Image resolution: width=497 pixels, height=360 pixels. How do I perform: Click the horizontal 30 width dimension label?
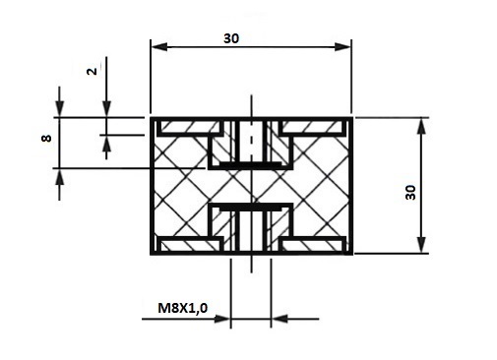point(231,38)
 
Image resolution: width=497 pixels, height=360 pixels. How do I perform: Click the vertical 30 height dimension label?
point(410,193)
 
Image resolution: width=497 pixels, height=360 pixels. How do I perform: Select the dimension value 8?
point(46,139)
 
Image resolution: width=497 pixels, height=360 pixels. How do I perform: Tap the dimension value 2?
point(93,71)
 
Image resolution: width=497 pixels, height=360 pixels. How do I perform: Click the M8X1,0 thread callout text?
point(183,308)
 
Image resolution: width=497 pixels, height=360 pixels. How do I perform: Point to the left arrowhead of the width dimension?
point(159,46)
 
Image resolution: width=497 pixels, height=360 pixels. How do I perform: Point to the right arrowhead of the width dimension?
point(342,46)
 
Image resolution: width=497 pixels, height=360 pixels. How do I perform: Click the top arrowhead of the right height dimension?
point(422,126)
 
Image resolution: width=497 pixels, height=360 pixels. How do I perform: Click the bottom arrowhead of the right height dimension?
point(422,245)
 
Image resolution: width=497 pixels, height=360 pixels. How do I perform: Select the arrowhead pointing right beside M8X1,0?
point(221,319)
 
